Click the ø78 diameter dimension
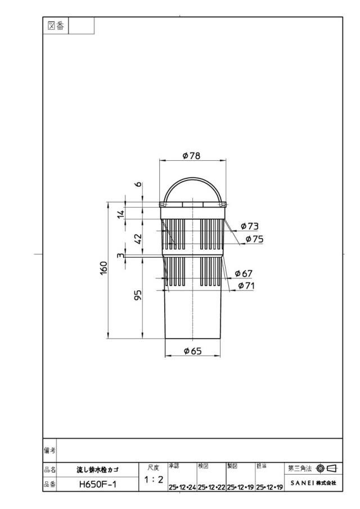[x=191, y=156]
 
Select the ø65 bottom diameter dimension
[x=193, y=351]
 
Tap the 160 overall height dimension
[x=103, y=268]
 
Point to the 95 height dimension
[x=138, y=295]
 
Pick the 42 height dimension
[x=138, y=239]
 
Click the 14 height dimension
[x=121, y=214]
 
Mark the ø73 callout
[x=250, y=226]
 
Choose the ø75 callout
[x=254, y=240]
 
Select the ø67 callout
[x=244, y=274]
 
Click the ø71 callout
[x=246, y=286]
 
